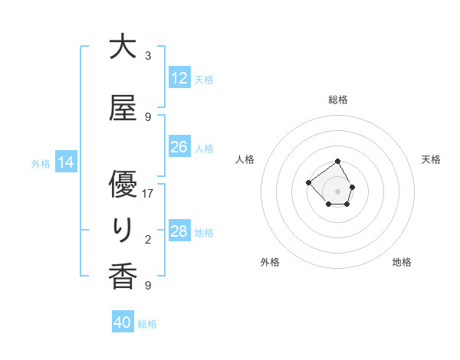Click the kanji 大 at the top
tap(122, 47)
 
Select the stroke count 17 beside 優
tap(148, 194)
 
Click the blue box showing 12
tap(179, 78)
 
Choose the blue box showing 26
tap(179, 147)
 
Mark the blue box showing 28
tap(179, 231)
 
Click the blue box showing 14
tap(65, 162)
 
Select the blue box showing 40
tap(123, 322)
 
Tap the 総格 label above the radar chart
tap(337, 100)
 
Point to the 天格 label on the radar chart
tap(431, 159)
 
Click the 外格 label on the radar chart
tap(270, 262)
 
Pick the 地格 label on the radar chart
tap(402, 262)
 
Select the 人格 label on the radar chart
tap(245, 159)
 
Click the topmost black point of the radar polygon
tap(337, 162)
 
